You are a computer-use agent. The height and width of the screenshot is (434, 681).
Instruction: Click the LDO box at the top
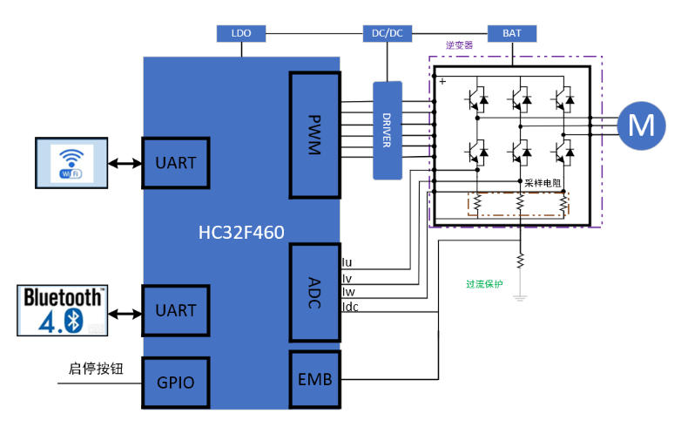[241, 33]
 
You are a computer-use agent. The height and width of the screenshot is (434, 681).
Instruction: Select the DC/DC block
[388, 33]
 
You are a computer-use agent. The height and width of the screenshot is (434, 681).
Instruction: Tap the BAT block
[512, 33]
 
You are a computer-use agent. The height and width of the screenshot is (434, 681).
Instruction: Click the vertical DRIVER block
[388, 131]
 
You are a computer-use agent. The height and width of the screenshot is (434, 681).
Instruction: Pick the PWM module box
[315, 135]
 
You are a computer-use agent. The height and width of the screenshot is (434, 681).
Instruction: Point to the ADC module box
[315, 292]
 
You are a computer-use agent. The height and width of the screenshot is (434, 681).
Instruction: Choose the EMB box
[315, 379]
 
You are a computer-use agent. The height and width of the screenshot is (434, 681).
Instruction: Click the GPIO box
[176, 383]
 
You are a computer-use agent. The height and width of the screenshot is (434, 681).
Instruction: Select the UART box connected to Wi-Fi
[176, 163]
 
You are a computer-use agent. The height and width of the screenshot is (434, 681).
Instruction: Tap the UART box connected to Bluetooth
[176, 310]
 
